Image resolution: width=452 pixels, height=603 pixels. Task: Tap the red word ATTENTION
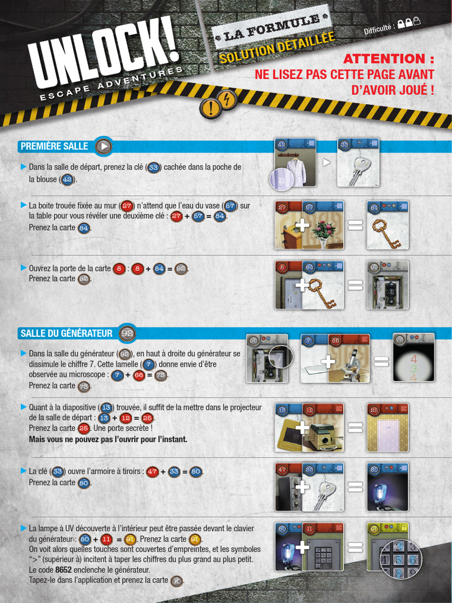click(x=384, y=59)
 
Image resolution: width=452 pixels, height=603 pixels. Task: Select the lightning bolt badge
click(x=228, y=100)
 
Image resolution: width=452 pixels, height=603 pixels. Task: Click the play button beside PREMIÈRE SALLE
click(x=104, y=147)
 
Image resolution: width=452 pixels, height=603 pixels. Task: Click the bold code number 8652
click(x=63, y=569)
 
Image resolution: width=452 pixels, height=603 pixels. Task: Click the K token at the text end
click(x=177, y=581)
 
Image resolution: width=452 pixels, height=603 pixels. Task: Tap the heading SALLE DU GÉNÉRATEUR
click(x=67, y=333)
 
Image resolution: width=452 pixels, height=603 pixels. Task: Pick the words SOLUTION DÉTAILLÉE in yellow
click(x=277, y=48)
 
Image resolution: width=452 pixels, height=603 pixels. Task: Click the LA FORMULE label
click(x=271, y=27)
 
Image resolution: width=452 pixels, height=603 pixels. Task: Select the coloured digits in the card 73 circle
click(x=414, y=369)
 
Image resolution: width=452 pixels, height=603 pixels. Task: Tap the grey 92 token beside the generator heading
click(x=127, y=333)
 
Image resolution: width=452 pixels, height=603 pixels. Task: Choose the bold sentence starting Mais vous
click(x=108, y=439)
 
